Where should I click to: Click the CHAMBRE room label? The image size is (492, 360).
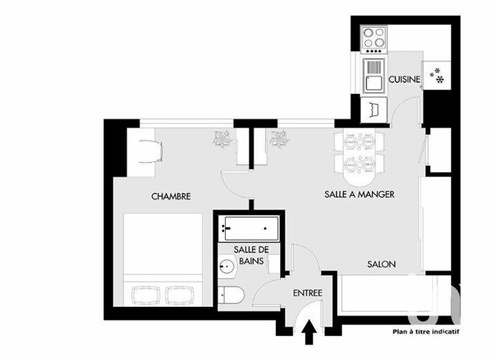170,197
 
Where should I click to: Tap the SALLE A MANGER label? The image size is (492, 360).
359,194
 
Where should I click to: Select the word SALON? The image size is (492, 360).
380,264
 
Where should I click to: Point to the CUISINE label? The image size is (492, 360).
404,80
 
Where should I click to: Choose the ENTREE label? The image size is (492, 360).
308,293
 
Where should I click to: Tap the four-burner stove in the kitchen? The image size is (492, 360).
375,39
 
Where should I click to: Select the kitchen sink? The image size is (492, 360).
373,75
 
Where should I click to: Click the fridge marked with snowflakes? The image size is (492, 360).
437,76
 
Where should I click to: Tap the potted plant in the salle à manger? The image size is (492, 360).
279,139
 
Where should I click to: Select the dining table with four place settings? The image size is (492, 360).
358,152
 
